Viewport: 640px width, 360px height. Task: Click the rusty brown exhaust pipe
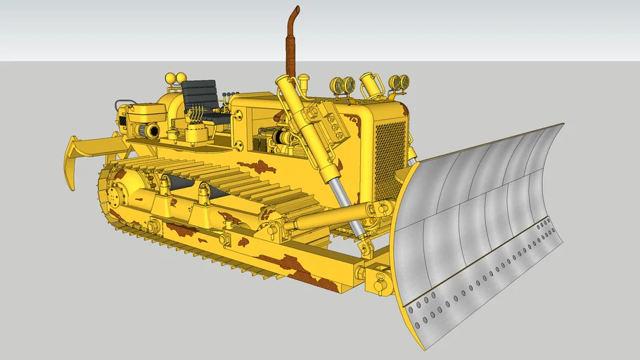coord(289,49)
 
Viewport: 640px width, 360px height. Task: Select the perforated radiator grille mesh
coord(390,158)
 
